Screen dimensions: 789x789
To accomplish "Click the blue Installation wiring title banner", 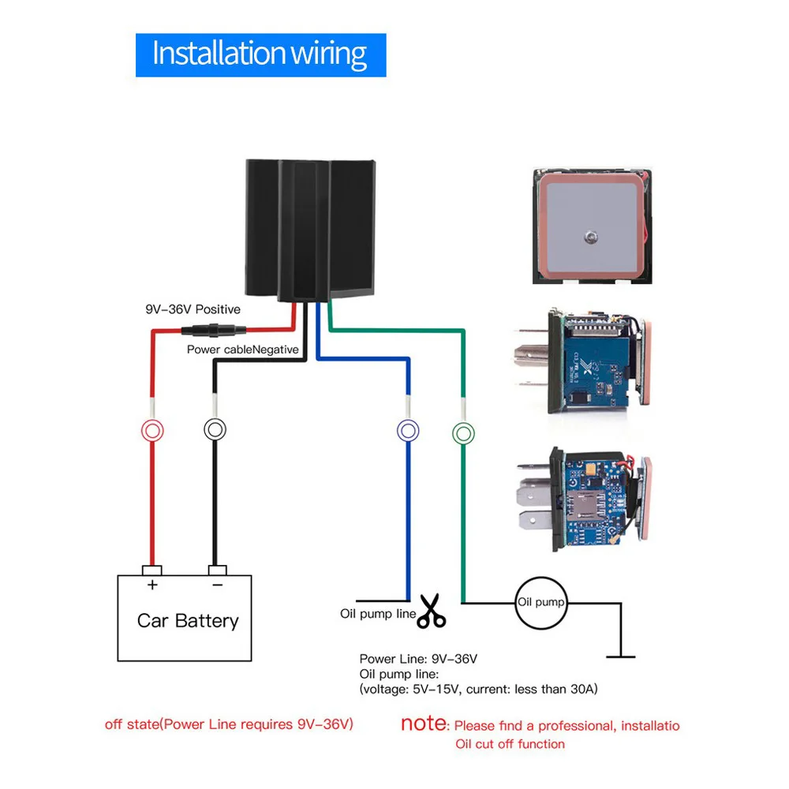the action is [260, 55].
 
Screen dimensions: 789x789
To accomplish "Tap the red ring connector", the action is [152, 431].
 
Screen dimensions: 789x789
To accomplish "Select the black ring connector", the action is [215, 429].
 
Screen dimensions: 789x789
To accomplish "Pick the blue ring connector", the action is [408, 431].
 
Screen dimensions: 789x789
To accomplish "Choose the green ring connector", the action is [463, 433].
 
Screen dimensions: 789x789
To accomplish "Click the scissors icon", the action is [432, 611].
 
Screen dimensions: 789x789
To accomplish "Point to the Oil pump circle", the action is [541, 603].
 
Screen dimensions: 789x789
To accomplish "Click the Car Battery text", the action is [188, 621].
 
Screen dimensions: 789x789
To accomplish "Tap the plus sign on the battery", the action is [152, 585].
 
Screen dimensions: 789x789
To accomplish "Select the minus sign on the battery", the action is [218, 585].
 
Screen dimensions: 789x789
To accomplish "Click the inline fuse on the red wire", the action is [214, 331].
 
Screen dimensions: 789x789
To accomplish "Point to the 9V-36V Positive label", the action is [193, 309].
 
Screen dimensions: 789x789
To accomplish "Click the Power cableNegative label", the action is [242, 350].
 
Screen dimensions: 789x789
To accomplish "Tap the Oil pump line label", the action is [378, 614].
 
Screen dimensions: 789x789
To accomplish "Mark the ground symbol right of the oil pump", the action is [621, 656].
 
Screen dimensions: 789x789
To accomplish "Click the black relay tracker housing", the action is [310, 231].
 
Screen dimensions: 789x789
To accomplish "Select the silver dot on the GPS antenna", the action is [591, 237].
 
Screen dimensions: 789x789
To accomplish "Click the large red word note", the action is [423, 723].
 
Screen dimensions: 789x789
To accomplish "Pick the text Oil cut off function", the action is [510, 744].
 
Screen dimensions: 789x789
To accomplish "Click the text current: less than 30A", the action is [532, 689].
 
